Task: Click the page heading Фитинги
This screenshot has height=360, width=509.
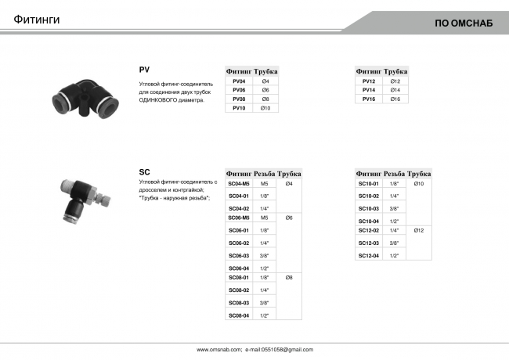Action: pos(37,20)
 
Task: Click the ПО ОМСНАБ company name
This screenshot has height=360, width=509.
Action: pos(464,23)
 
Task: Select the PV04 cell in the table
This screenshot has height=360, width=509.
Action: pos(239,81)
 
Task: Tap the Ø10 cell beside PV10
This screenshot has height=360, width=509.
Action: pos(265,108)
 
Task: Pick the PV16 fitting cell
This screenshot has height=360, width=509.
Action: pos(369,99)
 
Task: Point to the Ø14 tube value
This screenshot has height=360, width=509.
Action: pos(395,90)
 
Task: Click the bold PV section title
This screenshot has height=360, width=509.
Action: pos(144,70)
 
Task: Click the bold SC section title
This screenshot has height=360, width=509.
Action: pos(144,172)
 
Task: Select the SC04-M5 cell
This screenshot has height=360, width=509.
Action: pos(239,184)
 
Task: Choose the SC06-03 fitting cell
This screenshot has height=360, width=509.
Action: pos(239,256)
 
